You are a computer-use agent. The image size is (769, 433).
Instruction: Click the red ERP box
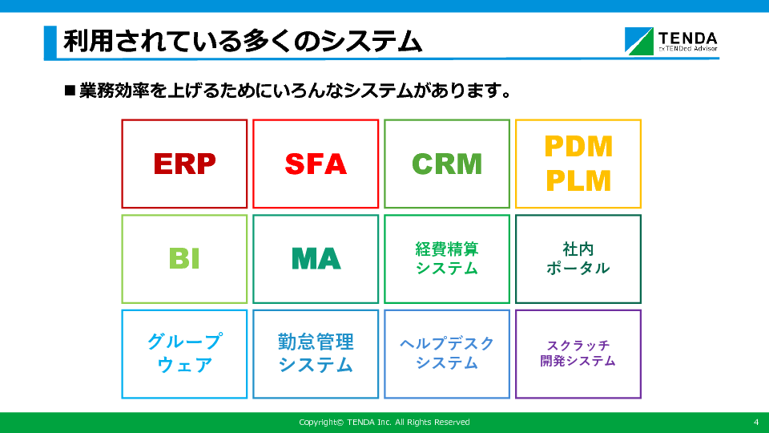tap(184, 164)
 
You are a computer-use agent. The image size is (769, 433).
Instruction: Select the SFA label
tap(316, 164)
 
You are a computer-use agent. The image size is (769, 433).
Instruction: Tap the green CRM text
tap(447, 164)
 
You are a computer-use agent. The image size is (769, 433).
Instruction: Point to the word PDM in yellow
tap(578, 146)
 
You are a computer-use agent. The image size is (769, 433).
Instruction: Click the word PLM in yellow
tap(578, 181)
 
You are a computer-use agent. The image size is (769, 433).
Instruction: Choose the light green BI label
tap(184, 259)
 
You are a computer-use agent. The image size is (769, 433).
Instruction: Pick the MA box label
tap(316, 259)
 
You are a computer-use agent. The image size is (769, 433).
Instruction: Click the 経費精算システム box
tap(447, 259)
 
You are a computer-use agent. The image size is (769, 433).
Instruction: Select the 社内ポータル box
tap(578, 259)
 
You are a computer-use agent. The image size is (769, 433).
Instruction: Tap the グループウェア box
tap(184, 354)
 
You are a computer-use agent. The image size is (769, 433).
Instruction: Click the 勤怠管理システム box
tap(316, 354)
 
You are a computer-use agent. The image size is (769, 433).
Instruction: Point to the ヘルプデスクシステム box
tap(447, 354)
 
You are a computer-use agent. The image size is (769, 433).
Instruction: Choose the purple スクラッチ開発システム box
tap(578, 354)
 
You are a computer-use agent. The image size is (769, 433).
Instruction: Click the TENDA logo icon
tap(639, 41)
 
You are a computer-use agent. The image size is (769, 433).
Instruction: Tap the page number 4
tap(756, 423)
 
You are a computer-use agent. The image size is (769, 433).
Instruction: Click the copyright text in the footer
tap(384, 423)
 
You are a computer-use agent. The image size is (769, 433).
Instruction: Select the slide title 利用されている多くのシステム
tap(243, 41)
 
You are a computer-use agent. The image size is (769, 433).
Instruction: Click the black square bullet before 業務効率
tap(70, 91)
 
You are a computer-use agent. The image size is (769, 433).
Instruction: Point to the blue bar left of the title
tap(50, 42)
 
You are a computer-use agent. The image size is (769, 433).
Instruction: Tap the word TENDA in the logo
tap(687, 38)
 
